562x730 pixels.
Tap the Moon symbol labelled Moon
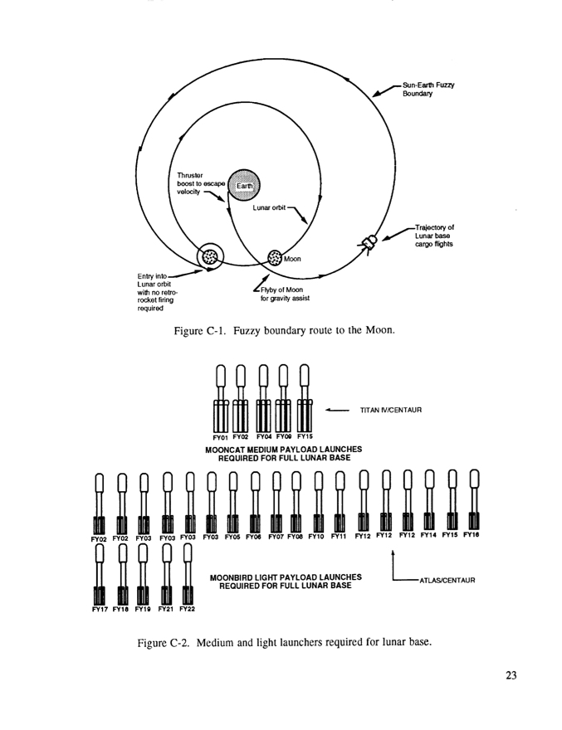click(x=276, y=259)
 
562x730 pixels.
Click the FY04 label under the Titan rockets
click(x=262, y=436)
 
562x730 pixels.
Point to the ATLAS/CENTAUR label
click(x=447, y=581)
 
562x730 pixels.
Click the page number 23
click(x=510, y=676)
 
